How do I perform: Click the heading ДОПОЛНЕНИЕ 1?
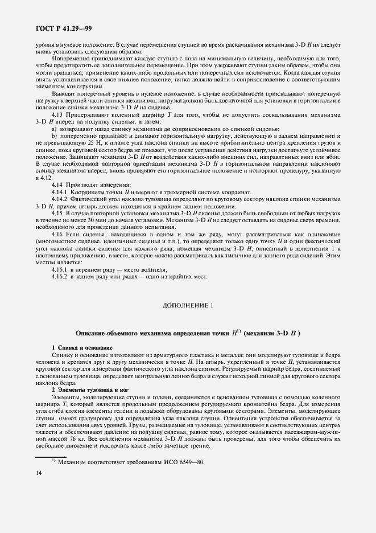click(x=188, y=305)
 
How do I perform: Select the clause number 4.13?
click(x=59, y=115)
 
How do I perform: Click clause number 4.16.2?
click(x=61, y=277)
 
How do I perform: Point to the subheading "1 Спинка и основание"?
click(x=82, y=347)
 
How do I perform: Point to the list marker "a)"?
click(x=55, y=129)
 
